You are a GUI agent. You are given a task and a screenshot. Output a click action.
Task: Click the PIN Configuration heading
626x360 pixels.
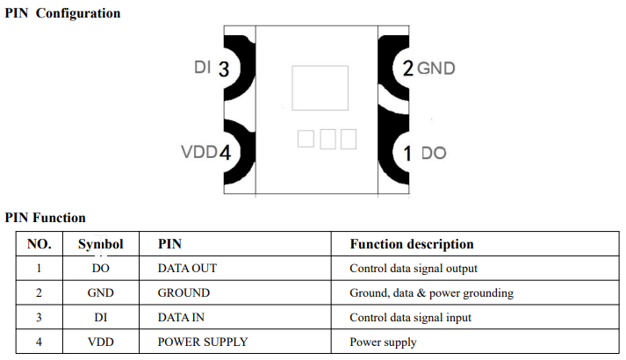point(62,13)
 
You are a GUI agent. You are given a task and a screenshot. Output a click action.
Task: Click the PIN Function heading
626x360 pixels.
point(45,217)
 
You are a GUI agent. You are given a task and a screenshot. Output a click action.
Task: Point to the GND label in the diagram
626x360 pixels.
point(436,68)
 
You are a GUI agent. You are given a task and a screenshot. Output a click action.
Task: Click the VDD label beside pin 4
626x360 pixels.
point(198,152)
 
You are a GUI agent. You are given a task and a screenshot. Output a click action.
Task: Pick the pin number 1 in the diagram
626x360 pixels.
point(407,153)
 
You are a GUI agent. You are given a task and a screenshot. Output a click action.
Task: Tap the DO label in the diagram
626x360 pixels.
point(434,153)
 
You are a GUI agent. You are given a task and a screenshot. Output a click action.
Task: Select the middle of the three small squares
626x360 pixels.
point(327,139)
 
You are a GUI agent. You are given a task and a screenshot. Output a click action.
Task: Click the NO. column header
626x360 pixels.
point(40,244)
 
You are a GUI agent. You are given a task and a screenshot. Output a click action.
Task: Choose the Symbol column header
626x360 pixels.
point(100,244)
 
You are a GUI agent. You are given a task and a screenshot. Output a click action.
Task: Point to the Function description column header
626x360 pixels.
point(411,244)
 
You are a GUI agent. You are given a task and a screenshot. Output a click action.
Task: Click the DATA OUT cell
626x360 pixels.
point(187,268)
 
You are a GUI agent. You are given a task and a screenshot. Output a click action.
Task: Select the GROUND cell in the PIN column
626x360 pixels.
point(183,292)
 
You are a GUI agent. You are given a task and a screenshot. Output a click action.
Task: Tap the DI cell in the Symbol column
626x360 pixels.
point(100,317)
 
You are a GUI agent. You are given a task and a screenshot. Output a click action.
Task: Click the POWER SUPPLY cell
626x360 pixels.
point(202,342)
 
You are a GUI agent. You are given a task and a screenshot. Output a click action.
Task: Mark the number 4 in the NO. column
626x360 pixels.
point(40,342)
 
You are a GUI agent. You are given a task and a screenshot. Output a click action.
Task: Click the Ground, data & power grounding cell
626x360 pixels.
point(431,292)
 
